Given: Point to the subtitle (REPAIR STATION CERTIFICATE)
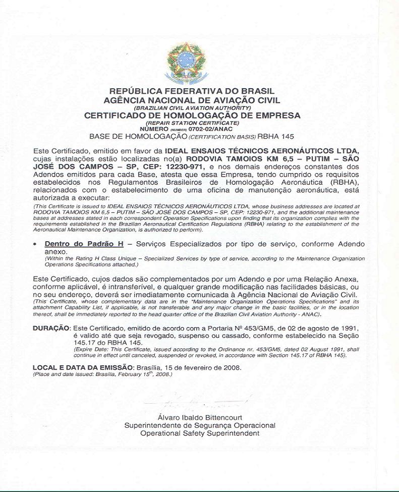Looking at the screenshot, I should pyautogui.click(x=192, y=123).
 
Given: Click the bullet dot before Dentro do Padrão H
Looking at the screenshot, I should pyautogui.click(x=35, y=244).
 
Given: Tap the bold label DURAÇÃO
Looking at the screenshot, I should pyautogui.click(x=51, y=328).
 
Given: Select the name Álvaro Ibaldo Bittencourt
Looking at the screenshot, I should pyautogui.click(x=200, y=417).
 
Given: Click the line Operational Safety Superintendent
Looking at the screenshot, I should pyautogui.click(x=200, y=433).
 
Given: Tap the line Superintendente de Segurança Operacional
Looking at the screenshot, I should pyautogui.click(x=200, y=425).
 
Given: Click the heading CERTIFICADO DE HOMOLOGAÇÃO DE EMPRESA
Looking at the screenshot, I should pyautogui.click(x=192, y=116).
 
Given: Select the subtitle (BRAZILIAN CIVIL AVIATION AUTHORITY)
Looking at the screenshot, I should pyautogui.click(x=192, y=108).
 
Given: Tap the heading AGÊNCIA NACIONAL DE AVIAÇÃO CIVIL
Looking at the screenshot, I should pyautogui.click(x=192, y=100).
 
